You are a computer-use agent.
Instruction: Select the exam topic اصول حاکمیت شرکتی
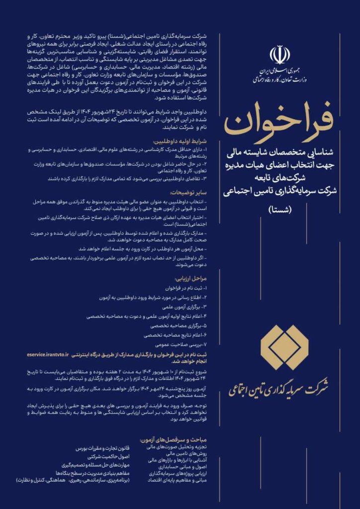coord(108,456)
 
